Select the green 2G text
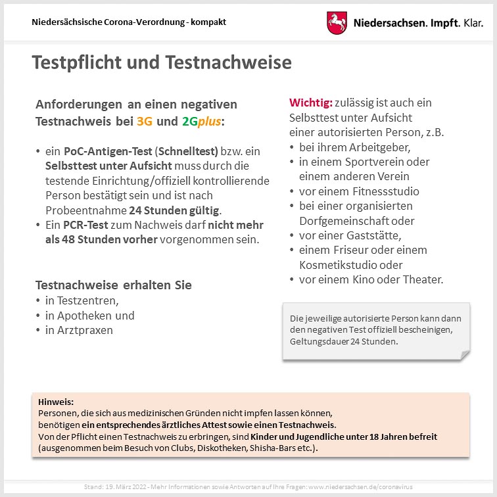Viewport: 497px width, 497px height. pyautogui.click(x=189, y=122)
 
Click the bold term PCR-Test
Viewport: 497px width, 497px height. pyautogui.click(x=84, y=225)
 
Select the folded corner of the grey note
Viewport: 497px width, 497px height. pyautogui.click(x=465, y=355)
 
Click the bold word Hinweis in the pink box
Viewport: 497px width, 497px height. pyautogui.click(x=56, y=402)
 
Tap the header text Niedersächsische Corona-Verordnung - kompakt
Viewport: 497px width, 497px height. pyautogui.click(x=129, y=22)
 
